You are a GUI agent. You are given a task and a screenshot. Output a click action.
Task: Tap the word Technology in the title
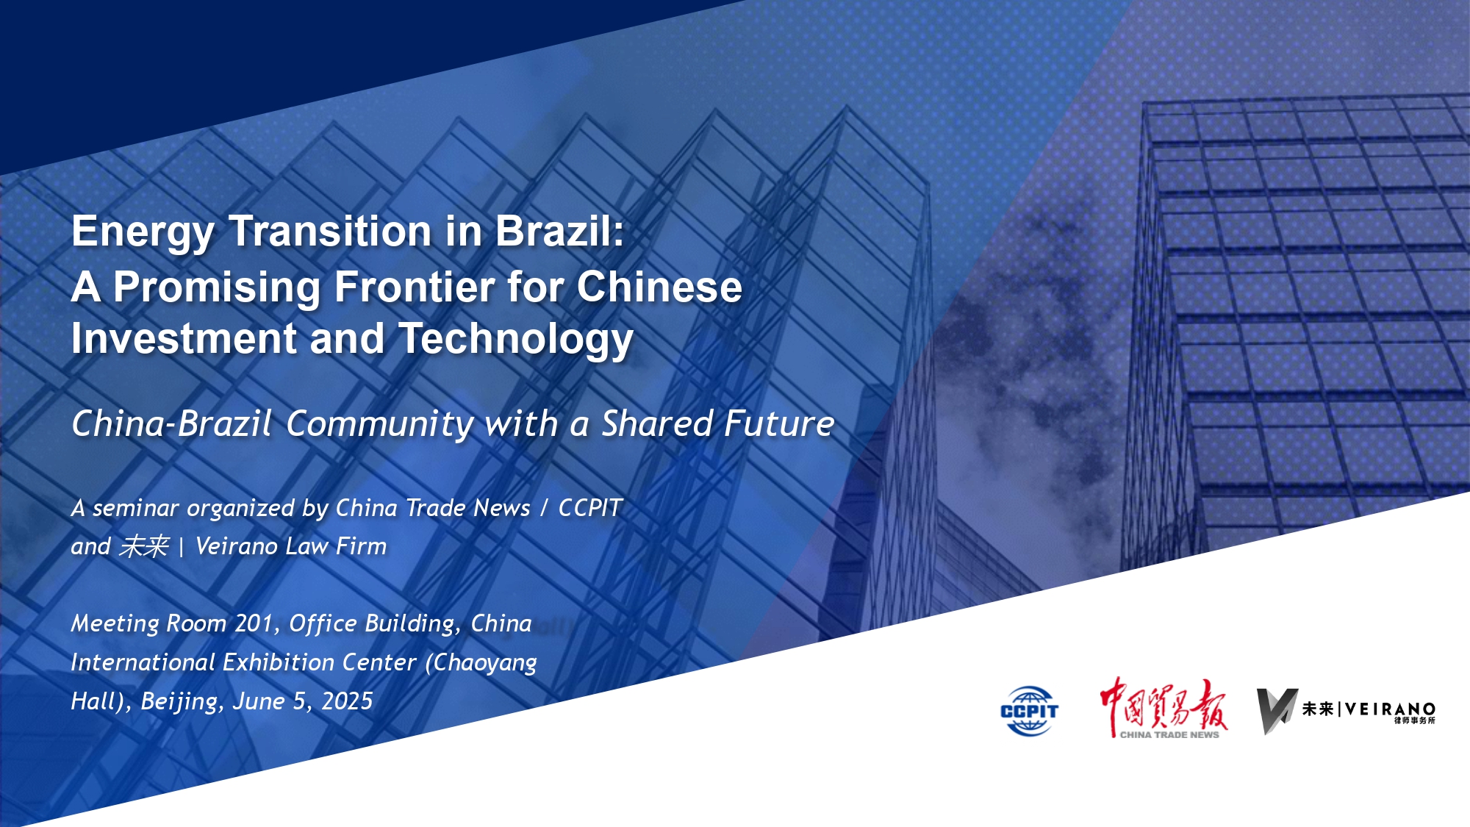516,340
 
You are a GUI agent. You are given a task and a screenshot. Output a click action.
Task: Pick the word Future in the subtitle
780,423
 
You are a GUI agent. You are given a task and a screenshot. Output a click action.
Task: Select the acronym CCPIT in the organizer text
590,507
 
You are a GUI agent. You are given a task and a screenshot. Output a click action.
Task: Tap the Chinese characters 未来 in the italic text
144,546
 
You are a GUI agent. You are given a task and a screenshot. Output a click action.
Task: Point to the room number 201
254,623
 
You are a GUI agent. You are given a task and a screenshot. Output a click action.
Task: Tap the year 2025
347,701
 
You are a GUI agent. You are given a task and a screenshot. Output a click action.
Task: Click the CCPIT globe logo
1029,711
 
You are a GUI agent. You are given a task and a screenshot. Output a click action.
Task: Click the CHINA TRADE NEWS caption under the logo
1169,734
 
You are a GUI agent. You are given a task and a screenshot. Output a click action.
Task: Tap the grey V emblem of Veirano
1276,711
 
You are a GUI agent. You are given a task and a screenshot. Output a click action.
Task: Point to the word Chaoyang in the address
481,663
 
